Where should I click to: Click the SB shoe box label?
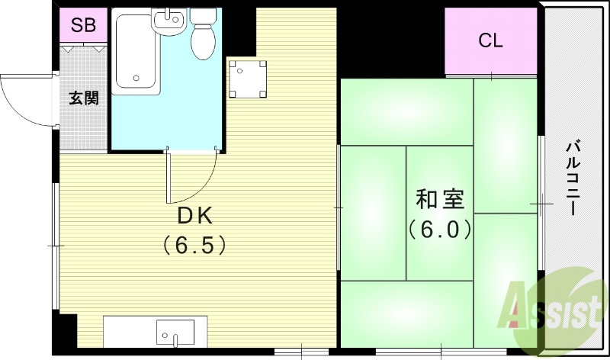tap(83, 25)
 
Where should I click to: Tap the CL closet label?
tap(490, 41)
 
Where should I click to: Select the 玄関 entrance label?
tap(84, 98)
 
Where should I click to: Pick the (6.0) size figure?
tap(438, 228)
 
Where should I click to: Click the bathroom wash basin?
tap(169, 21)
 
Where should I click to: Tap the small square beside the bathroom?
tap(249, 79)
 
